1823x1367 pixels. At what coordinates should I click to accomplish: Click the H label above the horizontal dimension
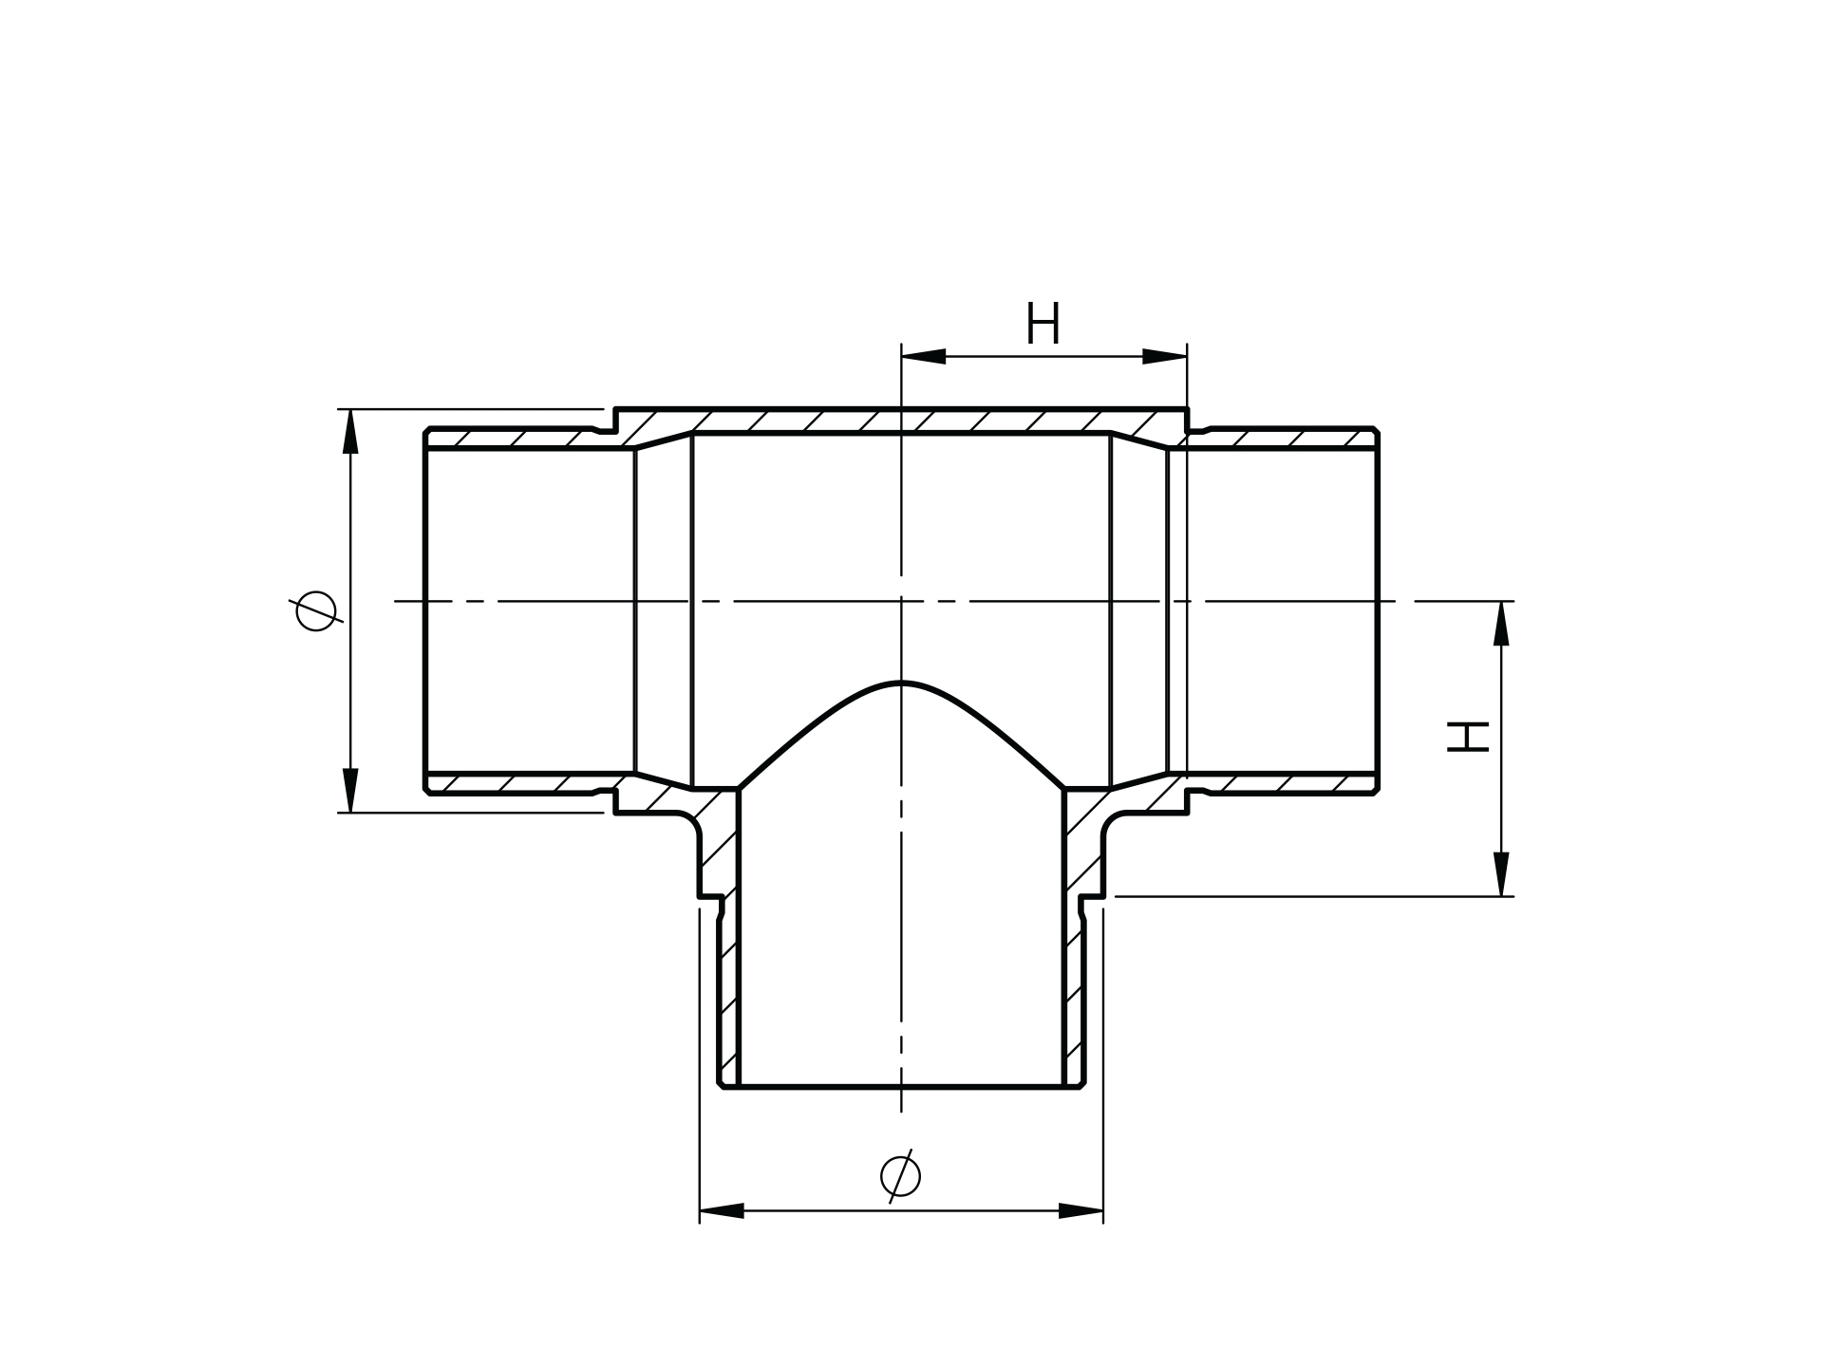1043,325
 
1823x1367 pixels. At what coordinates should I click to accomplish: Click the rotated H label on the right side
1467,737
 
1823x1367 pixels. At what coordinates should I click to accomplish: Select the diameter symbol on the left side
315,610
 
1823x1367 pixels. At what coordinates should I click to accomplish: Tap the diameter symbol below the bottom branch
900,1176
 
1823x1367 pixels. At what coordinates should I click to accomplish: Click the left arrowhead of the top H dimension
923,356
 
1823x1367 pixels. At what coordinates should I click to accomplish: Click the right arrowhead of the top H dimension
1165,356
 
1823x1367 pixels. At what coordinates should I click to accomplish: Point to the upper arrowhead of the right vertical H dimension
1501,623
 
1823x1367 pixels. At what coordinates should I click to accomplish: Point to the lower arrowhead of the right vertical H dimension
1501,874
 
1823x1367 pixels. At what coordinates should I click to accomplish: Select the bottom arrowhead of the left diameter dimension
350,790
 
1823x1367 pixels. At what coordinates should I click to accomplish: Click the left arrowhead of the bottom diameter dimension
722,1210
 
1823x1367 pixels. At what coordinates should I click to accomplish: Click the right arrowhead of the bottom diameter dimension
1081,1210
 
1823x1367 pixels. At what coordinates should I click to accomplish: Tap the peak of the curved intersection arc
900,683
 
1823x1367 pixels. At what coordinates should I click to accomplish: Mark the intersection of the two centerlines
901,601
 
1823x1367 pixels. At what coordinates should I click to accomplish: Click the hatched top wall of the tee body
900,421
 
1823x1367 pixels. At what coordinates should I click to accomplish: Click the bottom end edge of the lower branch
900,1086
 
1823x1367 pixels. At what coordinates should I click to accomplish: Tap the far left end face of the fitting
424,610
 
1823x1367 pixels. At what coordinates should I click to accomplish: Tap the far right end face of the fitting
1378,610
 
